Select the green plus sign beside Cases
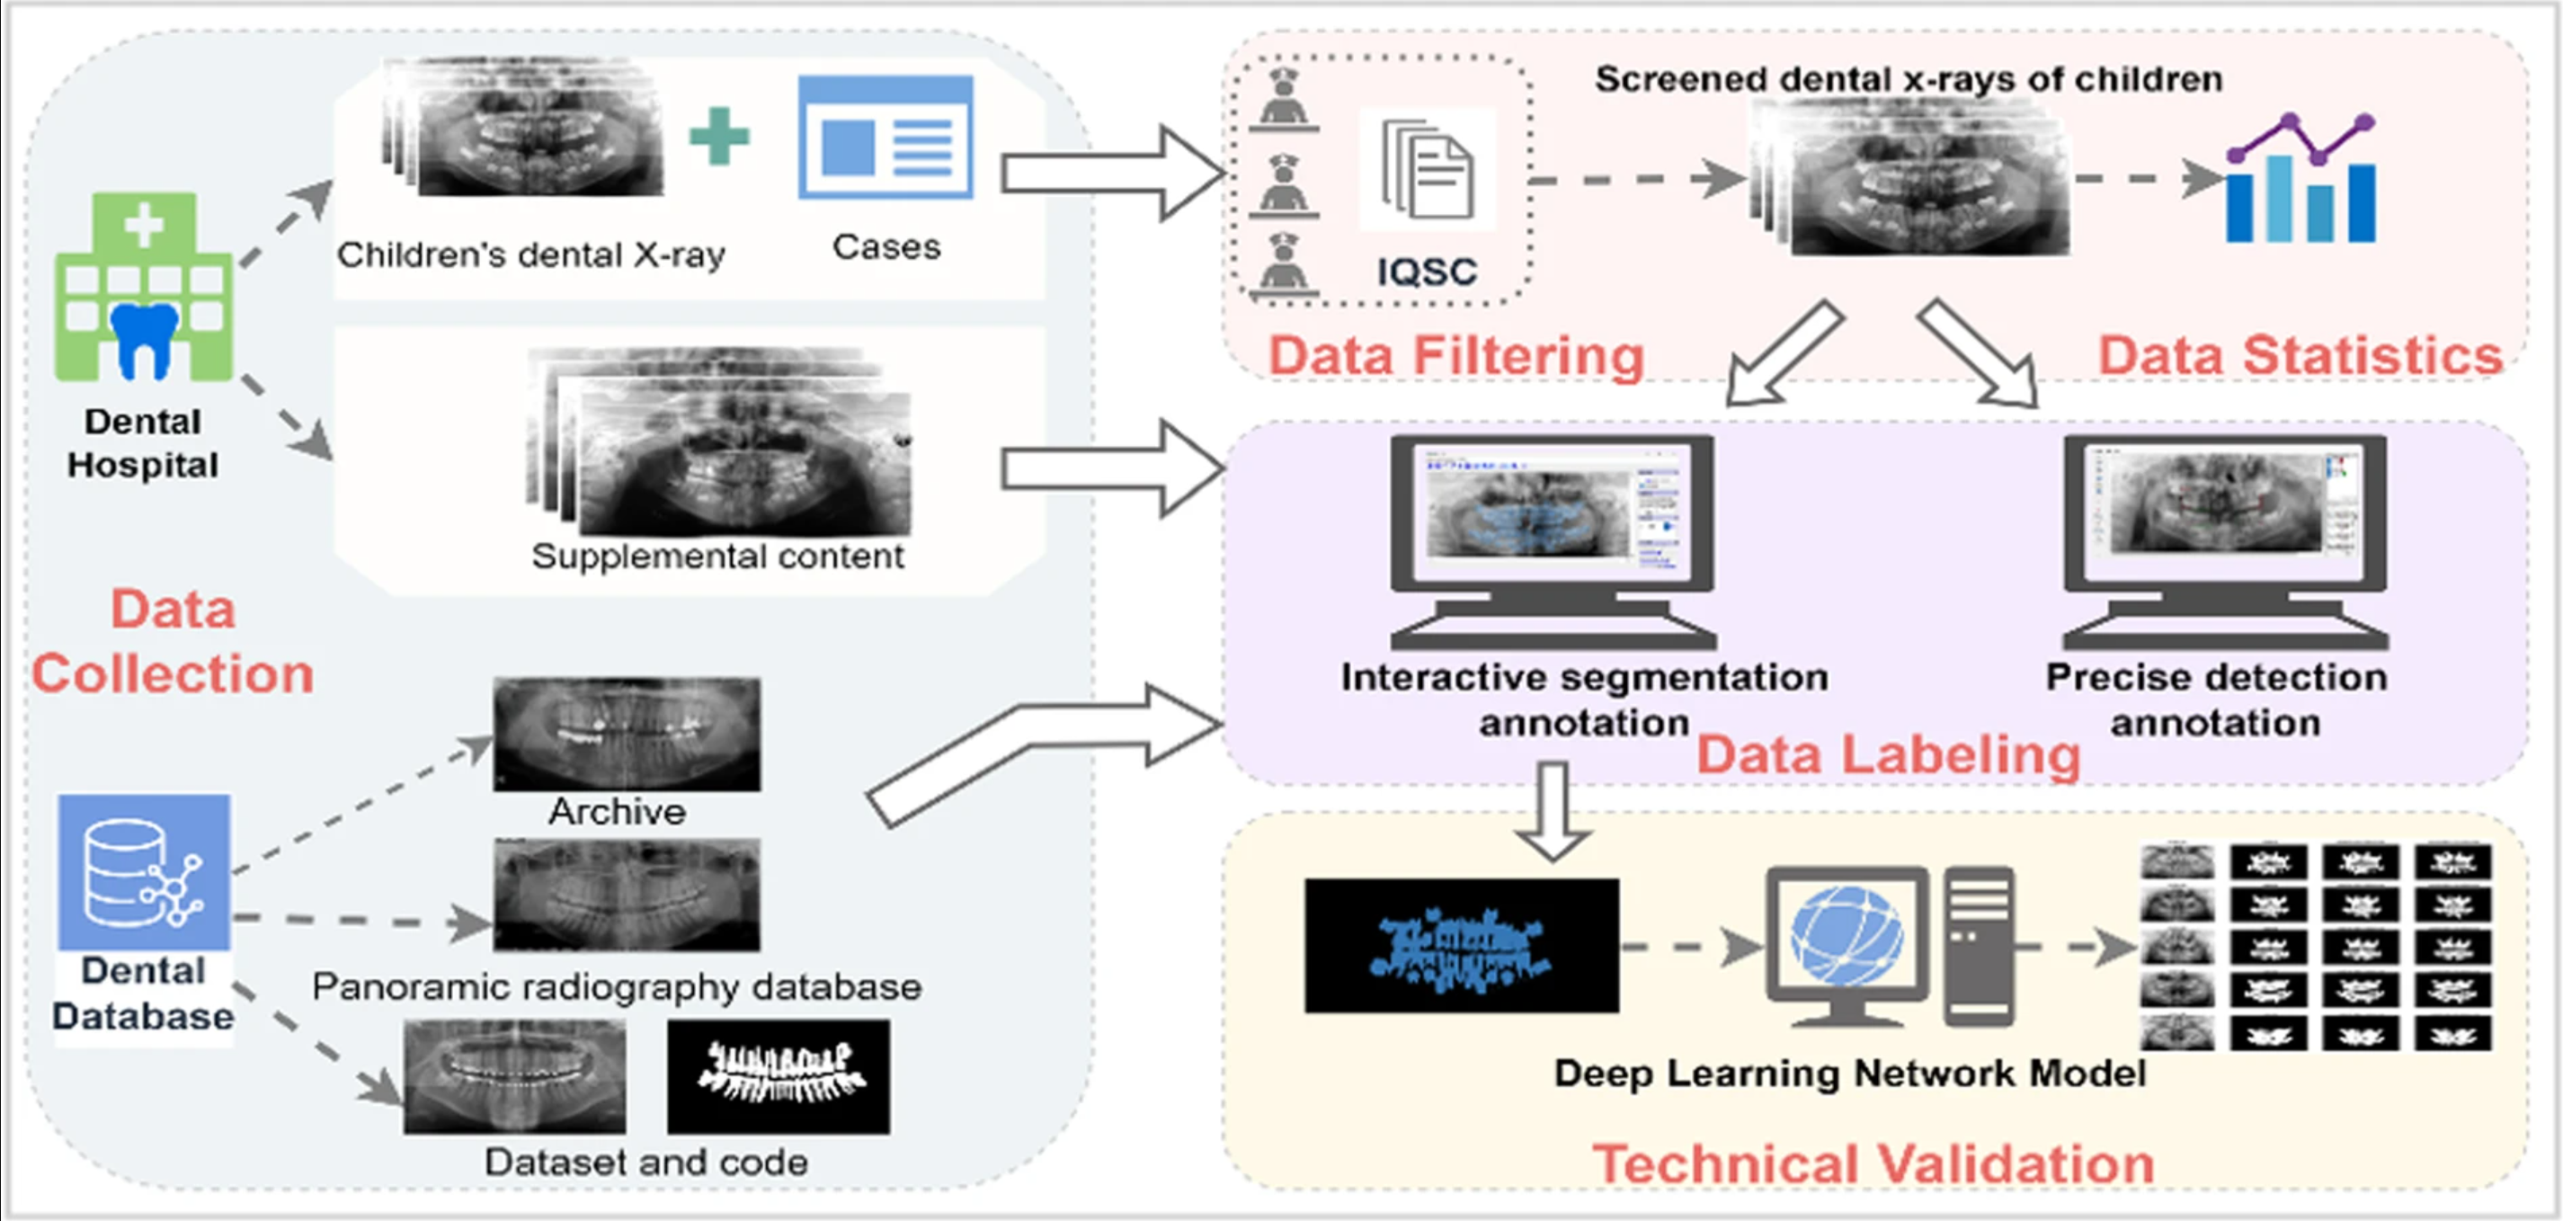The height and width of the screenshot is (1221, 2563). point(719,136)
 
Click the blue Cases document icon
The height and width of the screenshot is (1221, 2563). point(885,137)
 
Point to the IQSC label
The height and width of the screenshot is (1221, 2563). point(1427,272)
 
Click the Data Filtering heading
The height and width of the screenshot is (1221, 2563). point(1456,355)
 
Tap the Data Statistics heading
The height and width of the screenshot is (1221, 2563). point(2300,355)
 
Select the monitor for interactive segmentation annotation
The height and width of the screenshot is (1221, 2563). point(1553,542)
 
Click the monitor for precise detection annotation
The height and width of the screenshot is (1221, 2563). point(2225,542)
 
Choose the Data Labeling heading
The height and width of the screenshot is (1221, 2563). point(1889,754)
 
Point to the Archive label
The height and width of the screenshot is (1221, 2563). point(617,812)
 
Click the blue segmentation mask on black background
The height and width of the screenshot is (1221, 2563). point(1462,945)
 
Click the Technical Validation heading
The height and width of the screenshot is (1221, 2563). point(1873,1163)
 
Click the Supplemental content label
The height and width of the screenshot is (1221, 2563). point(718,557)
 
